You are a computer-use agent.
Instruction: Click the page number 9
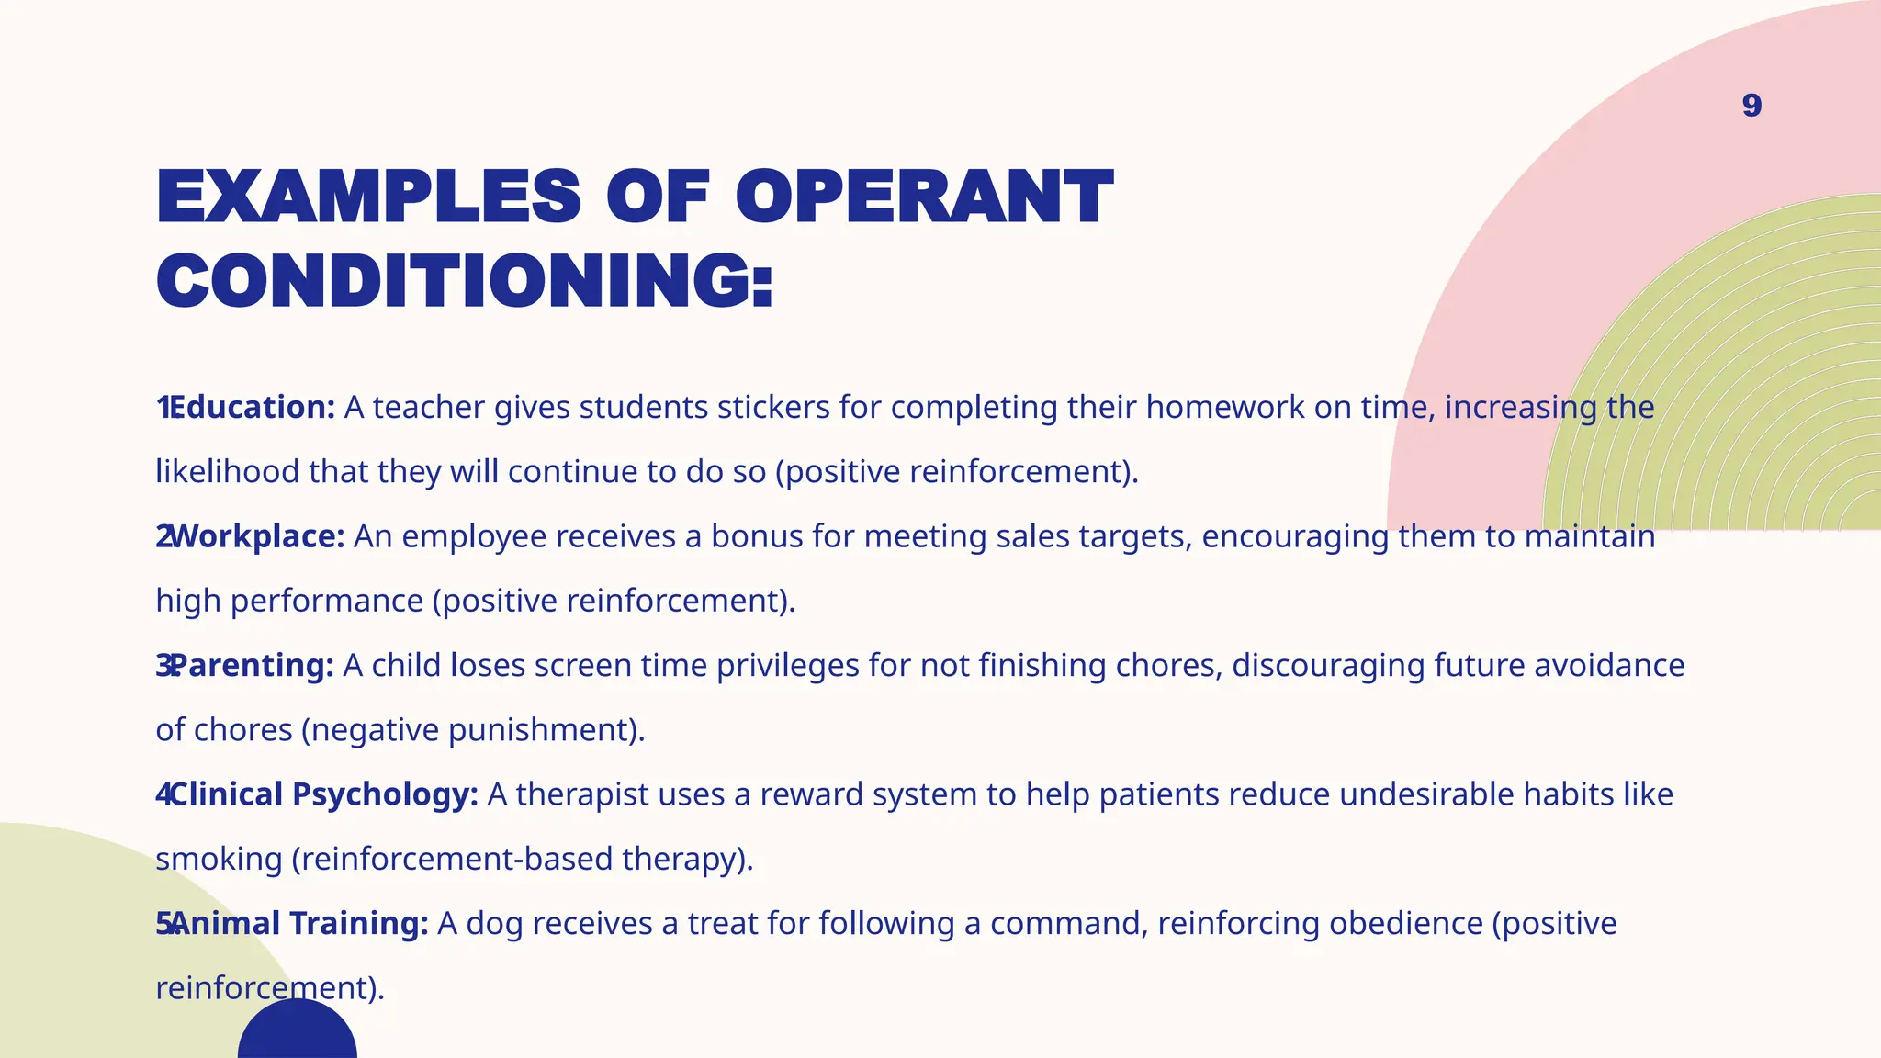pos(1751,106)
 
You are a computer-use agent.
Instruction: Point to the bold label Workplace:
pos(256,536)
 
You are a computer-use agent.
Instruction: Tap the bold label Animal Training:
pos(298,923)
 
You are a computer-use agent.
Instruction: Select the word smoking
pos(219,860)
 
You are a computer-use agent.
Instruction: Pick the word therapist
pos(582,794)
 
